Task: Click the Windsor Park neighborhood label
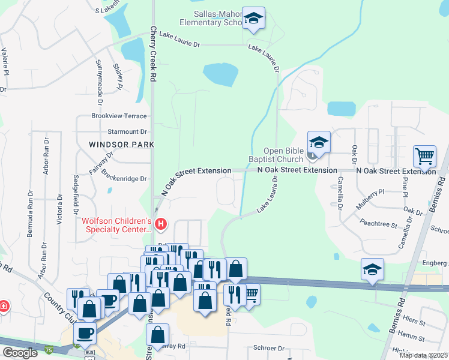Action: click(121, 145)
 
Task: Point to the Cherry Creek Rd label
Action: click(153, 54)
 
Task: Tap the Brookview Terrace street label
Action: click(119, 115)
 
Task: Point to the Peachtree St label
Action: click(378, 224)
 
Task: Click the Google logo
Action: click(20, 353)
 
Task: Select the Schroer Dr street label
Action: click(268, 348)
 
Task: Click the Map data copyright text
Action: click(424, 355)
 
